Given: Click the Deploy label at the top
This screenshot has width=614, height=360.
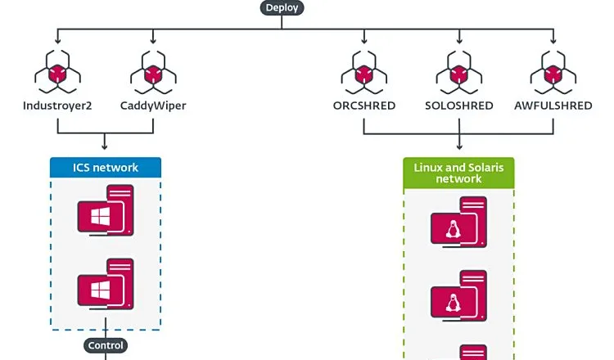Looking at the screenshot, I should pos(282,7).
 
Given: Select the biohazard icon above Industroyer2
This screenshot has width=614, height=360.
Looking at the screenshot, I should pos(57,73).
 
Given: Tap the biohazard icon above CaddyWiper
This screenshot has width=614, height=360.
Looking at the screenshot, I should pos(153,73).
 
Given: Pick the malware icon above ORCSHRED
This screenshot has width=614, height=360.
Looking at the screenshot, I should pos(363,73).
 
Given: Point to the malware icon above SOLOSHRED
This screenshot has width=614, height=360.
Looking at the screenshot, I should pos(458,73).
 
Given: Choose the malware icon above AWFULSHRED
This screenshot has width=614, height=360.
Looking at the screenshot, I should pos(553,73).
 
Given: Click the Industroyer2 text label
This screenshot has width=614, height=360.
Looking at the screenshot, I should pos(57,106).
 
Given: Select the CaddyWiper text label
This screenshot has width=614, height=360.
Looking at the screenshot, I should pos(153,106).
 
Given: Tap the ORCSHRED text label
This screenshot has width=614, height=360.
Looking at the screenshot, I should pos(363,106).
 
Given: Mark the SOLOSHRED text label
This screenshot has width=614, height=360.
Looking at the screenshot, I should pos(458,106).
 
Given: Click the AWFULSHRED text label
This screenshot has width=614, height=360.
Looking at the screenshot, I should pos(553,106).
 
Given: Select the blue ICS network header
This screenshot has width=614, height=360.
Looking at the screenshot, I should pos(106,168).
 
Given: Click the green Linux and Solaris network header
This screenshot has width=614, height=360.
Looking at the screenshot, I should pos(458,173).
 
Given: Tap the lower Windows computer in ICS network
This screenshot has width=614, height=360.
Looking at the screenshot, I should pos(106,286).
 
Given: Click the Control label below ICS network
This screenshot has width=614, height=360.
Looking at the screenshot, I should pos(106,345).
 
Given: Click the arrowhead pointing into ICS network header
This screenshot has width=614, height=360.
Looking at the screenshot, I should pos(106,154).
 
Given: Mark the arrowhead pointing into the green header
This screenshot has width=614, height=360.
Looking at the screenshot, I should pos(458,153).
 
